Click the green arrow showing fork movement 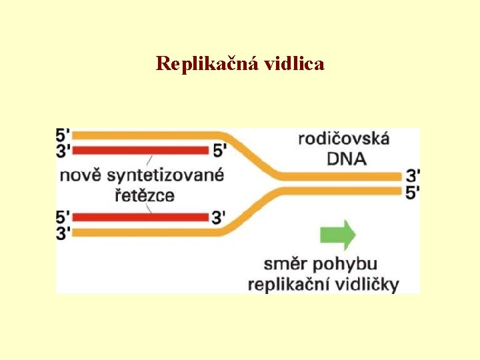point(338,235)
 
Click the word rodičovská point(343,139)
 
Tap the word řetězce point(142,196)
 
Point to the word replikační point(288,285)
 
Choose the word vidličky point(365,284)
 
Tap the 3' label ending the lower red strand point(219,217)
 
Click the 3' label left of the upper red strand point(63,151)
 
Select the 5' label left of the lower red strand point(63,217)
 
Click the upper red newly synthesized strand point(140,150)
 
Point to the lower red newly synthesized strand point(140,217)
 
